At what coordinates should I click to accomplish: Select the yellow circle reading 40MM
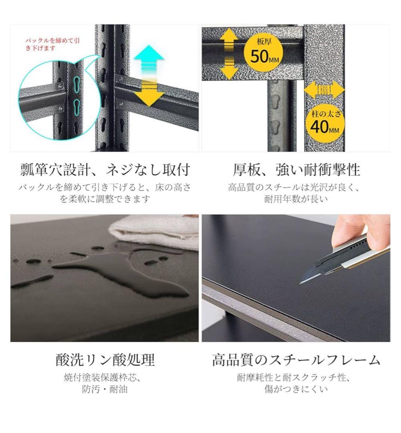point(324,124)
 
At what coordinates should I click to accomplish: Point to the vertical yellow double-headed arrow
point(228,53)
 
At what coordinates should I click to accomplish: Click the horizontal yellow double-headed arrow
point(324,90)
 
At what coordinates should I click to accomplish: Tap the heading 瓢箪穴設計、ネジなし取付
point(105,170)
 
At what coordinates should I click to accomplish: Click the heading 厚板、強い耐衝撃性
point(296,170)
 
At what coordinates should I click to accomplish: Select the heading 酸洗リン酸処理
point(105,360)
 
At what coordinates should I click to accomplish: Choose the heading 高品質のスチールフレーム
point(296,360)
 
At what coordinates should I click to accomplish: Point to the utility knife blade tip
point(300,282)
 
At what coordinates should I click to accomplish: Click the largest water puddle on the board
point(120,273)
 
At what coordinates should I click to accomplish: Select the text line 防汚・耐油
point(105,389)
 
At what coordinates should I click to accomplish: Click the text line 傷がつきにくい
point(296,389)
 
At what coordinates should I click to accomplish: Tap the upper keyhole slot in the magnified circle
point(76,83)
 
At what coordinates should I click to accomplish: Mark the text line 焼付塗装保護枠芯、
point(105,378)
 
